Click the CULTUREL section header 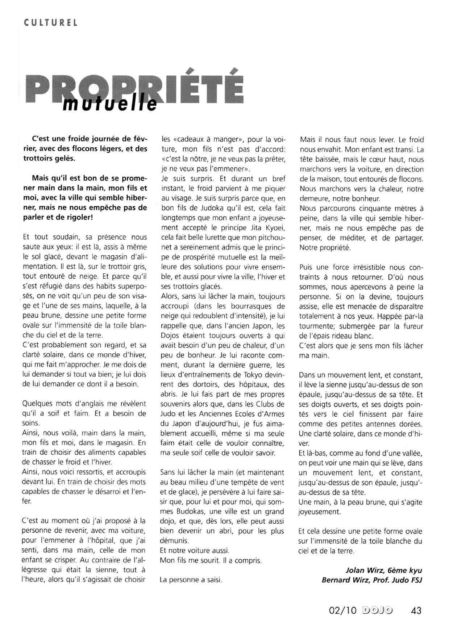click(51, 23)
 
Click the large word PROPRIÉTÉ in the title click(135, 89)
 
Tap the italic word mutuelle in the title click(110, 104)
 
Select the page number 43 click(416, 611)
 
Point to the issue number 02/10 click(343, 611)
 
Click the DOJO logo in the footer click(377, 611)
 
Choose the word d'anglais click(84, 404)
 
